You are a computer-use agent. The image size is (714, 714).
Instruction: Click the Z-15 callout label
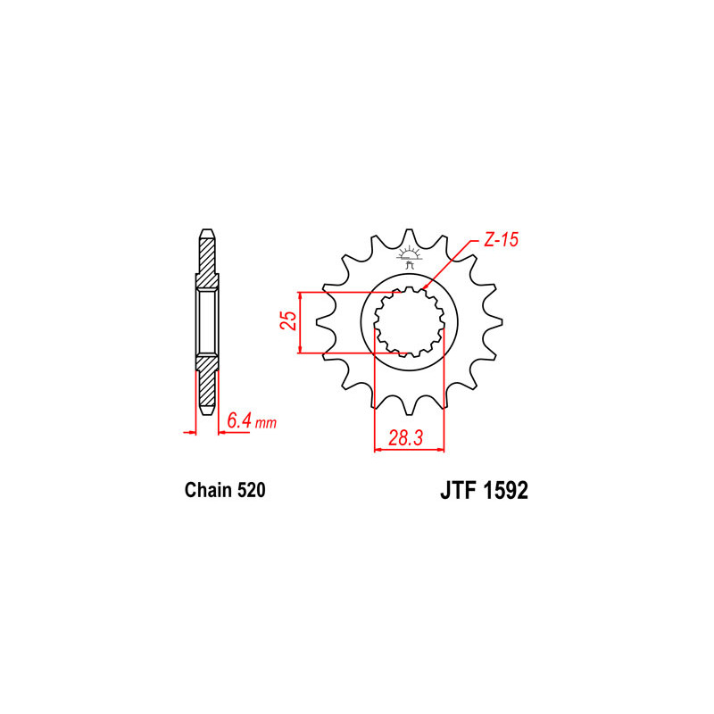tap(501, 240)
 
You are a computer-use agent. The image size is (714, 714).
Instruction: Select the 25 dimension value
tap(288, 320)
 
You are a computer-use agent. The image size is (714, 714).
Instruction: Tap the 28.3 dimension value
tap(406, 437)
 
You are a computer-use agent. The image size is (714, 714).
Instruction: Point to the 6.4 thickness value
tap(239, 420)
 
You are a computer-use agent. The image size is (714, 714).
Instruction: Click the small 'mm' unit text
tap(265, 423)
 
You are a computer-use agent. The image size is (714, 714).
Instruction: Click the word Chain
tap(208, 490)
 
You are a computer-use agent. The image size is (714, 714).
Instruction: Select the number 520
tap(251, 490)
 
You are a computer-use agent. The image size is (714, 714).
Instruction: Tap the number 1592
tap(505, 491)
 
